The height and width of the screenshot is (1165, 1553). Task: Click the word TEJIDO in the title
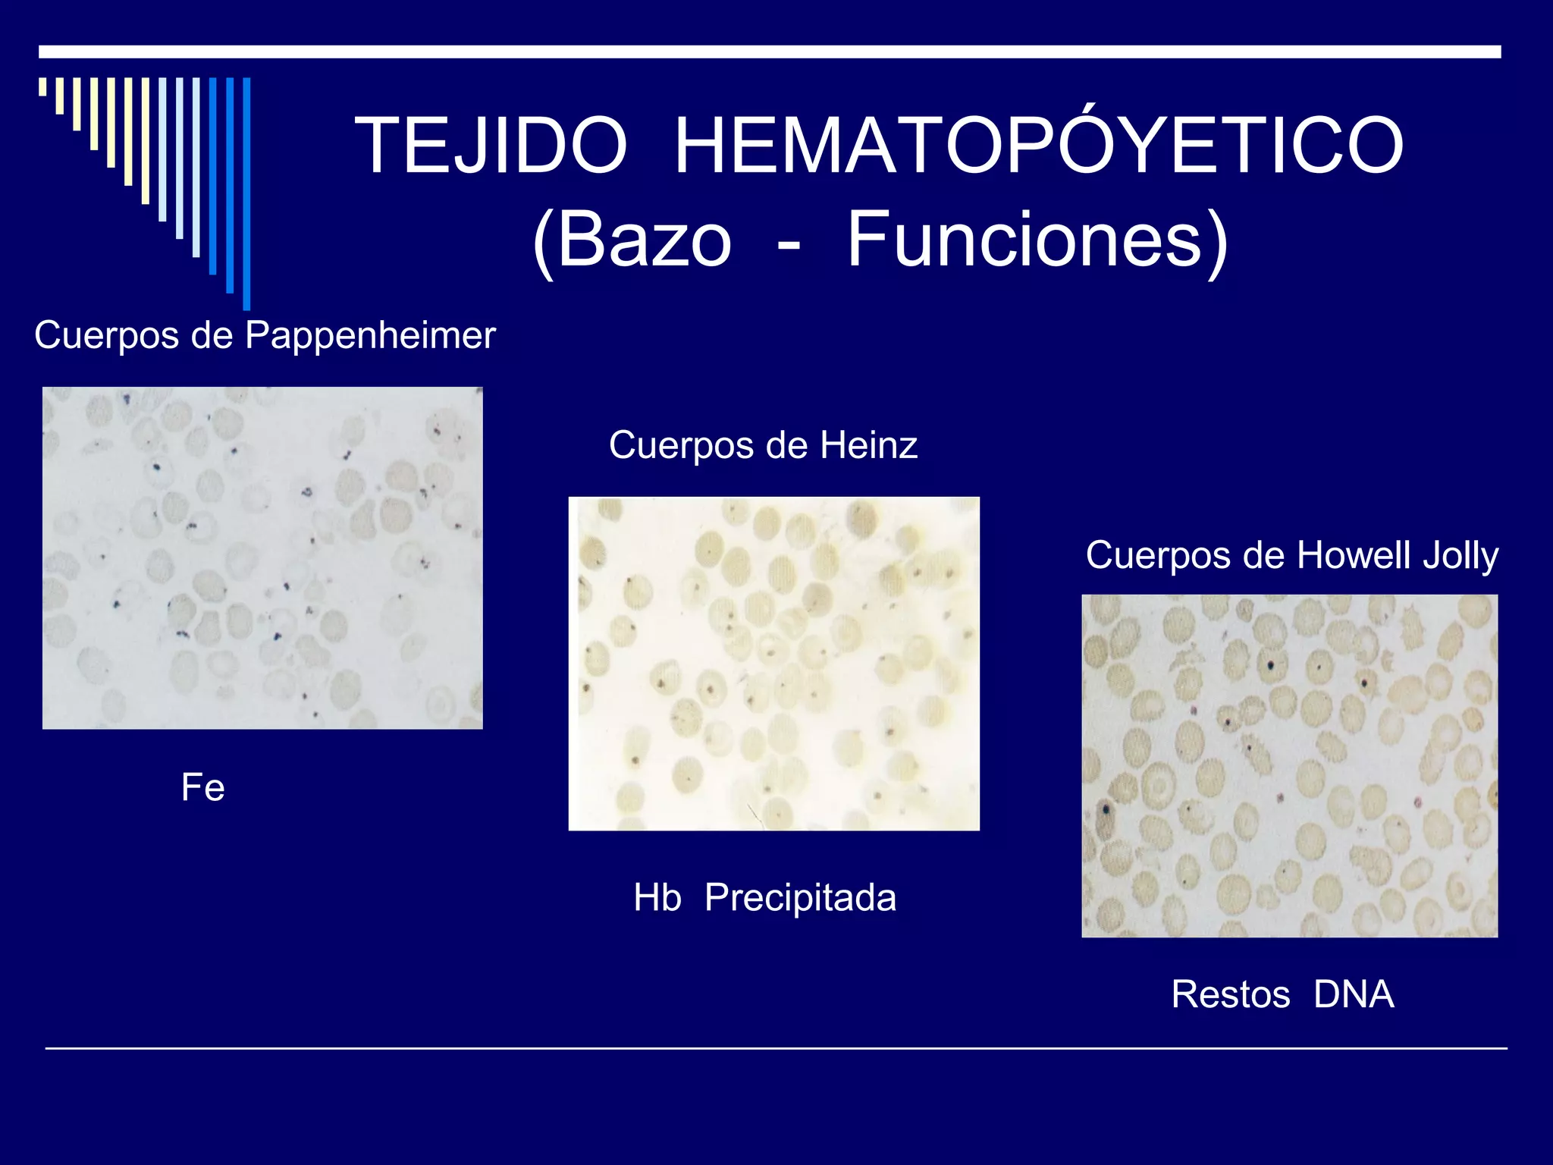(x=491, y=146)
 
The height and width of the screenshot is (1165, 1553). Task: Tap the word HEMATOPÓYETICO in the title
(x=1039, y=146)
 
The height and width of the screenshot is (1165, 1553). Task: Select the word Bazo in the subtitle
(x=645, y=240)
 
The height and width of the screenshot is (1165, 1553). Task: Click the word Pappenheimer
(x=370, y=335)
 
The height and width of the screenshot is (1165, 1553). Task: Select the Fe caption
(x=202, y=787)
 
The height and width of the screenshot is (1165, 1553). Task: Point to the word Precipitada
(x=800, y=898)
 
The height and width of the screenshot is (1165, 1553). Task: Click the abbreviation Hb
(x=657, y=898)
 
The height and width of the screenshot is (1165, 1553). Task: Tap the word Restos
(x=1230, y=994)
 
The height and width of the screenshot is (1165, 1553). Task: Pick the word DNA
(x=1354, y=994)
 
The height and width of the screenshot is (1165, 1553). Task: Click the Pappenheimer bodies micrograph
(x=262, y=558)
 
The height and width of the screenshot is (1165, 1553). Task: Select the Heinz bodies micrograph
(x=773, y=664)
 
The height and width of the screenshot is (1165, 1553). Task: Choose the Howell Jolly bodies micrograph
(x=1289, y=766)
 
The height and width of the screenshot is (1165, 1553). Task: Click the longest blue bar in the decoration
(x=246, y=193)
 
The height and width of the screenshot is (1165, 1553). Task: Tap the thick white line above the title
(x=770, y=52)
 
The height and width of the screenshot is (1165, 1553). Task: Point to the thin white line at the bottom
(x=776, y=1048)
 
